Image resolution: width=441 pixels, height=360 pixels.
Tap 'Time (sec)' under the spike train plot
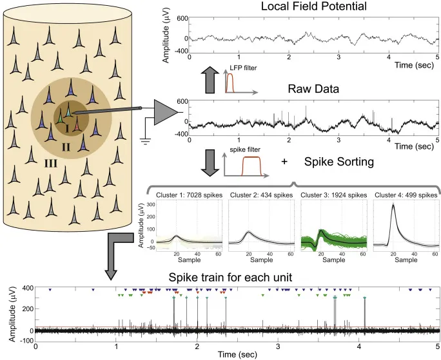click(235, 354)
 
